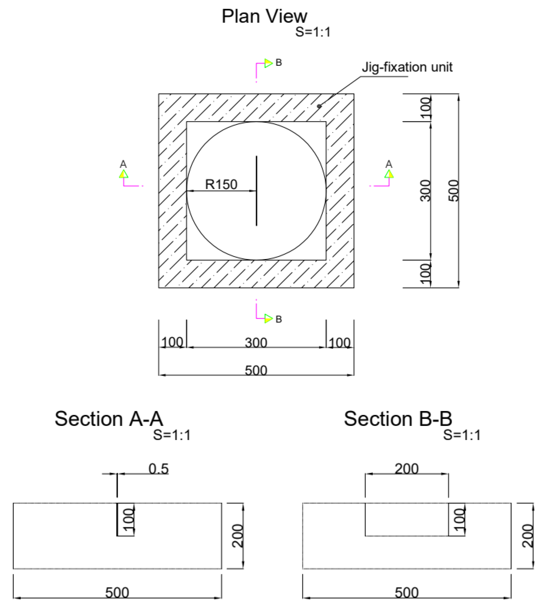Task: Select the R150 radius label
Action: (x=221, y=184)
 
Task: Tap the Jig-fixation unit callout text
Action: (x=407, y=67)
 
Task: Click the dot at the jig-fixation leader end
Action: (x=319, y=106)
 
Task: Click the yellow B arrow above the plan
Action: (x=268, y=63)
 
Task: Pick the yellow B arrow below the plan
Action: (x=268, y=318)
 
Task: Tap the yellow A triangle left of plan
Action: (x=124, y=174)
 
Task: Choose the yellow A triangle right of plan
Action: (x=389, y=174)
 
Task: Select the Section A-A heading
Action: (x=109, y=419)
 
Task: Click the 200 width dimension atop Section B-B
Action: (x=407, y=469)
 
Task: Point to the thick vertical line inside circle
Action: (x=256, y=191)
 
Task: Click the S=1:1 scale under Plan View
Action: (x=313, y=32)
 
